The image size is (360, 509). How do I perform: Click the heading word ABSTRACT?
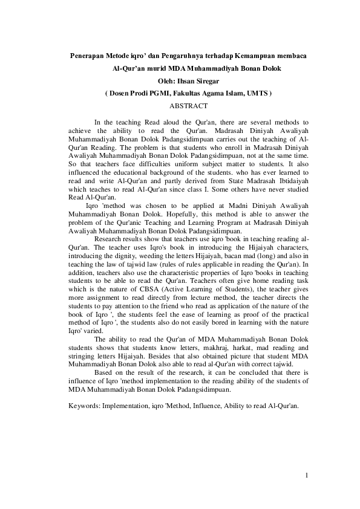[x=189, y=105]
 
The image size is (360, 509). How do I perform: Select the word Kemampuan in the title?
[x=263, y=56]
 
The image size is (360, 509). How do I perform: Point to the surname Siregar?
[x=207, y=81]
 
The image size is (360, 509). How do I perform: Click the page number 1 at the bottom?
[x=307, y=475]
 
